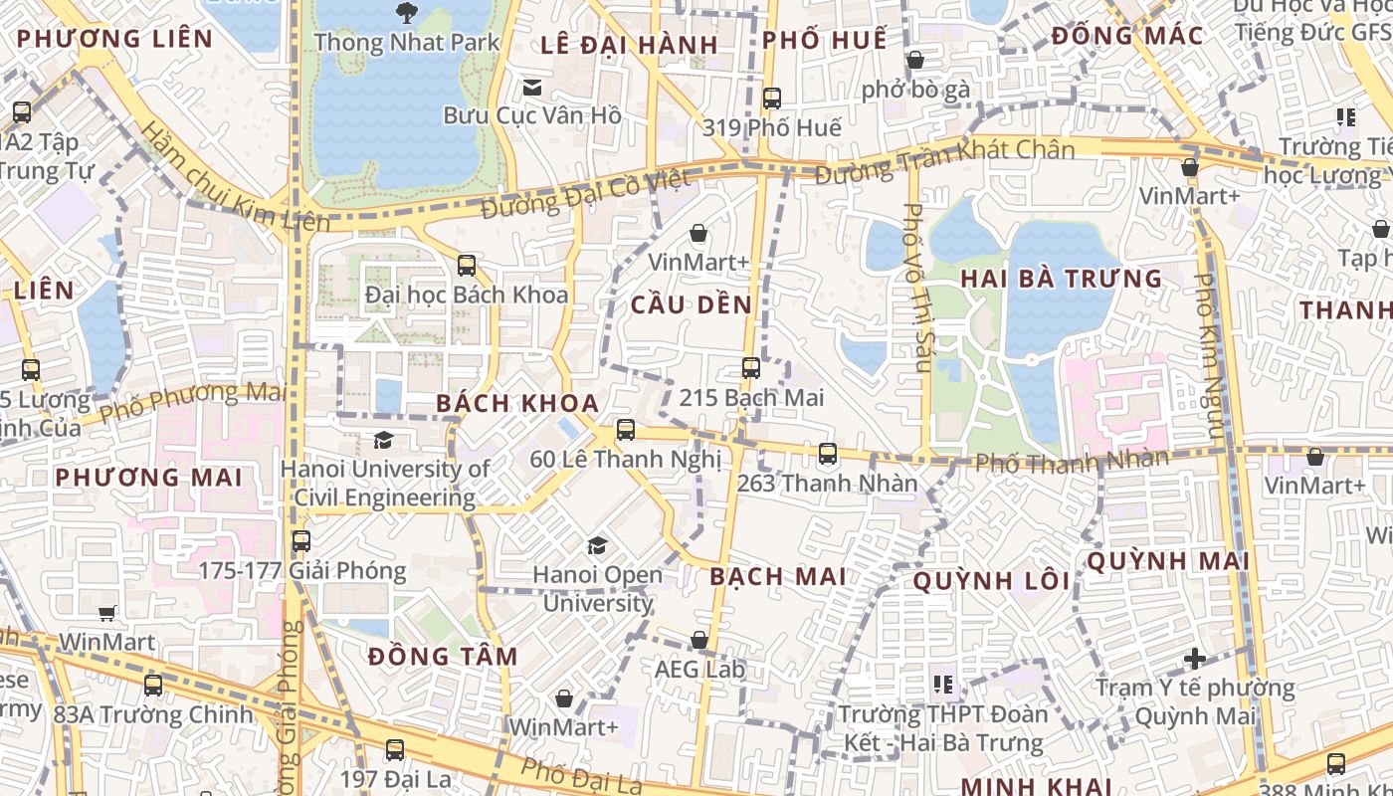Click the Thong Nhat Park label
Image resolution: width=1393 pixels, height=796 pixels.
(x=406, y=43)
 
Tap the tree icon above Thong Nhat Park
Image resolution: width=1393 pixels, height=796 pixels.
(x=406, y=13)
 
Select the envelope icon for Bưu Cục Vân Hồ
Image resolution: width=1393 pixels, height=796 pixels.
(x=532, y=88)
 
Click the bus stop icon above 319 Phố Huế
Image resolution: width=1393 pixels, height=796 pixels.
(x=771, y=99)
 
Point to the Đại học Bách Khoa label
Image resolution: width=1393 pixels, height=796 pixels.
(x=467, y=295)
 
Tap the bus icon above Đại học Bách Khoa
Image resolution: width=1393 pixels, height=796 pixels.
(x=466, y=266)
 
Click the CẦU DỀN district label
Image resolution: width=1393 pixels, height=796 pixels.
(x=692, y=305)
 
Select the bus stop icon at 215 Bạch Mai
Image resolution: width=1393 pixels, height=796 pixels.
(x=751, y=368)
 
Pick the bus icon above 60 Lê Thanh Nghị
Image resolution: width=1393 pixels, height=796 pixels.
(x=625, y=430)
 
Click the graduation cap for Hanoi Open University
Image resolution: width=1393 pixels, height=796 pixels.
(x=597, y=545)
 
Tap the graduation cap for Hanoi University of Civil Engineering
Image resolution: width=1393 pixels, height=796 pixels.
(x=383, y=440)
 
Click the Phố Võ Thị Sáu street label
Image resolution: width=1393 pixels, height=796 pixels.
(x=915, y=288)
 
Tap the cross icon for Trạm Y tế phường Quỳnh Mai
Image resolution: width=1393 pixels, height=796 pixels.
(x=1195, y=659)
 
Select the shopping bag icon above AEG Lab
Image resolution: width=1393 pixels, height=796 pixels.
(x=699, y=640)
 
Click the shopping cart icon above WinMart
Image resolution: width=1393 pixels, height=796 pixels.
(x=107, y=613)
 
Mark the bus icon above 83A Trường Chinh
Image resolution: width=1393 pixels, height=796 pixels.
(x=152, y=685)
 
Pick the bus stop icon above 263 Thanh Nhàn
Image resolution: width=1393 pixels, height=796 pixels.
(x=827, y=454)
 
